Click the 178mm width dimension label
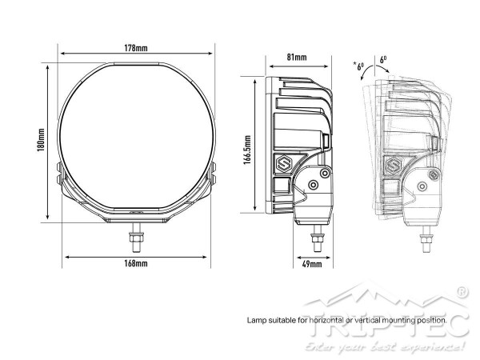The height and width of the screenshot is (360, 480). pos(136,50)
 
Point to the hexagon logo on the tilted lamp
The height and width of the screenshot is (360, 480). pos(394,168)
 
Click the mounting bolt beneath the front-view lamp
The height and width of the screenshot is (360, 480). pos(134,237)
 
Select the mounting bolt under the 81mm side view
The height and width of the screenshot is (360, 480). pos(317,238)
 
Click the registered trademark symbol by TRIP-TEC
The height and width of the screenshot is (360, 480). pos(462,292)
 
